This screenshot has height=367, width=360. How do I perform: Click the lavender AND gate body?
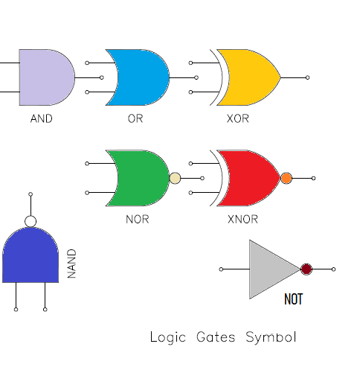[x=45, y=77]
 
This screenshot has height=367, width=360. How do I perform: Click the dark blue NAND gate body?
[x=30, y=257]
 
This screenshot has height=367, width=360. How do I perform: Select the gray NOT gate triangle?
[x=270, y=269]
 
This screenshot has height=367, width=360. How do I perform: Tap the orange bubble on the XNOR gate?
[x=286, y=178]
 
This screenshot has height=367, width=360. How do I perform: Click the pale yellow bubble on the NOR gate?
[x=175, y=178]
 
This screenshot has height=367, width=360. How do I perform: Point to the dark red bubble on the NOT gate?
[x=306, y=269]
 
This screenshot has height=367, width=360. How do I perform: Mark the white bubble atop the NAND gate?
[x=30, y=221]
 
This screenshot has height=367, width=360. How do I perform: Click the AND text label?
[x=41, y=118]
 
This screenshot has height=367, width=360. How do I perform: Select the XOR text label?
[x=238, y=118]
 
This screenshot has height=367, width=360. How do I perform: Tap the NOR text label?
[x=138, y=220]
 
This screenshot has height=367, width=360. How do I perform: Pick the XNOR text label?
[x=242, y=220]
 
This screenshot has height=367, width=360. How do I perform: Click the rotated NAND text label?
[x=72, y=264]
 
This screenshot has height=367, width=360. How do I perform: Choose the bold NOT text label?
[x=294, y=300]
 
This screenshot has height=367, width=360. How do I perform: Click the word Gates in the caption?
[x=215, y=337]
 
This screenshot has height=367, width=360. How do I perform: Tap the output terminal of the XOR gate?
[x=307, y=77]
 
